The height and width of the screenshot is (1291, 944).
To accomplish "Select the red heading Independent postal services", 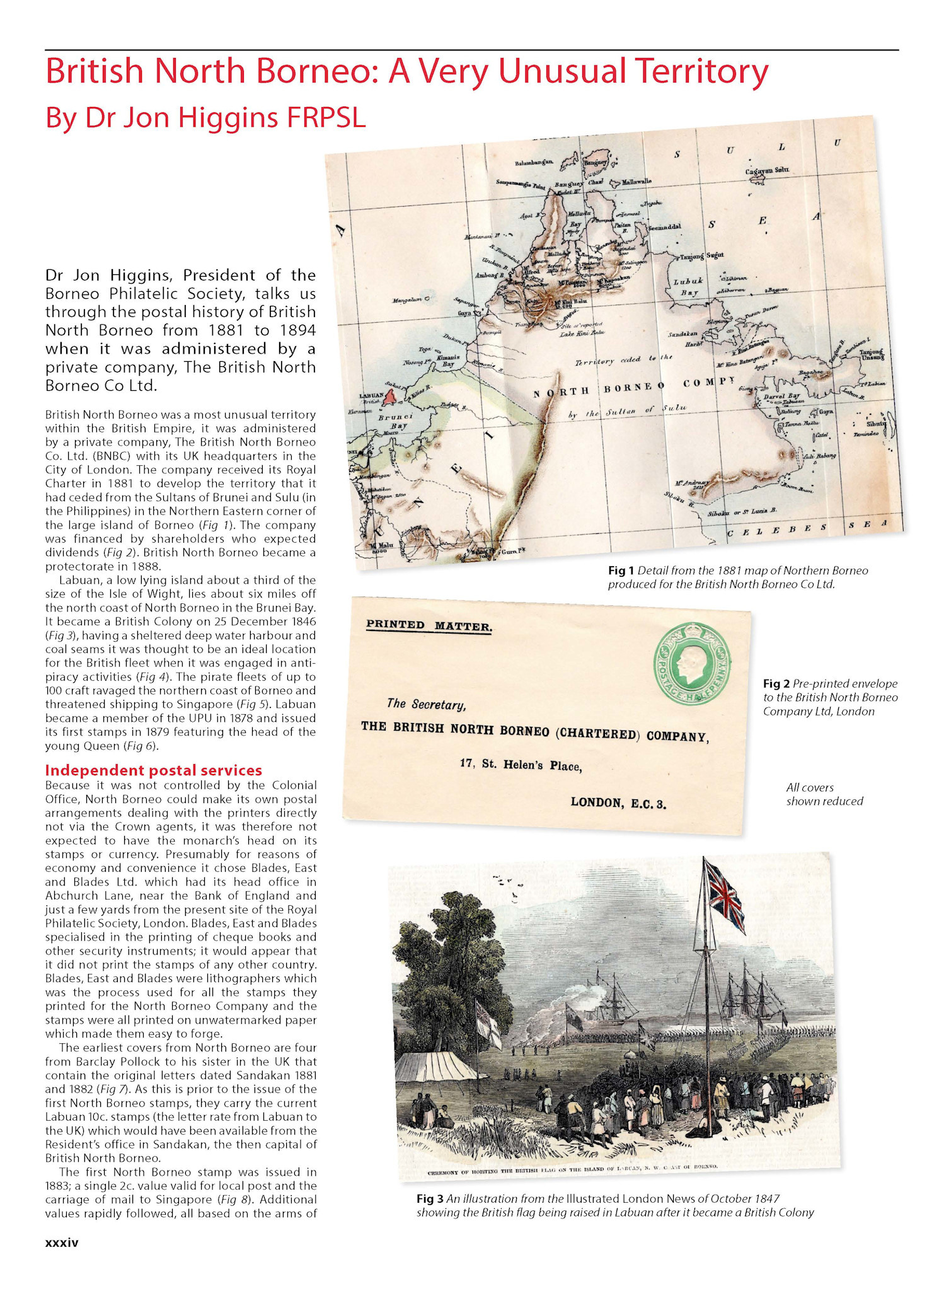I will pyautogui.click(x=153, y=770).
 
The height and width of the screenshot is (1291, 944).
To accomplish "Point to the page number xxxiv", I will pyautogui.click(x=62, y=1242).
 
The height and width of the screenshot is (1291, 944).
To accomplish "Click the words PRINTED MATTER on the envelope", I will pyautogui.click(x=429, y=625).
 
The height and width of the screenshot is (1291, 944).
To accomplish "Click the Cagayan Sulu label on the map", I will pyautogui.click(x=766, y=171).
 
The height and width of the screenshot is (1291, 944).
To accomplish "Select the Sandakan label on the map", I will pyautogui.click(x=682, y=334).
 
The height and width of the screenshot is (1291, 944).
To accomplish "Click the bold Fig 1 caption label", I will pyautogui.click(x=621, y=570).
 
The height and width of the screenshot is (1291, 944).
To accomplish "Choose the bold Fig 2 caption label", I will pyautogui.click(x=776, y=683).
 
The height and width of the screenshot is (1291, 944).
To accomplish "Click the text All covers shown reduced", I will pyautogui.click(x=824, y=794).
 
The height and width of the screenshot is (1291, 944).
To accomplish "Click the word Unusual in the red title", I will pyautogui.click(x=563, y=71).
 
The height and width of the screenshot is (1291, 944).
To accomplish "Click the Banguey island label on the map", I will pyautogui.click(x=596, y=162).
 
